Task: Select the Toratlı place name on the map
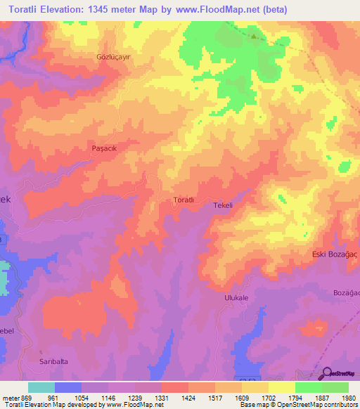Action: [x=184, y=200]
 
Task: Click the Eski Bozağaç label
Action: [x=334, y=254]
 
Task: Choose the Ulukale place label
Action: [x=237, y=298]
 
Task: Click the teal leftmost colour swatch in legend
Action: [x=41, y=387]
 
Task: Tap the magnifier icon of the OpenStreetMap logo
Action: [x=326, y=374]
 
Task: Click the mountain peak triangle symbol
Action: [x=255, y=34]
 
